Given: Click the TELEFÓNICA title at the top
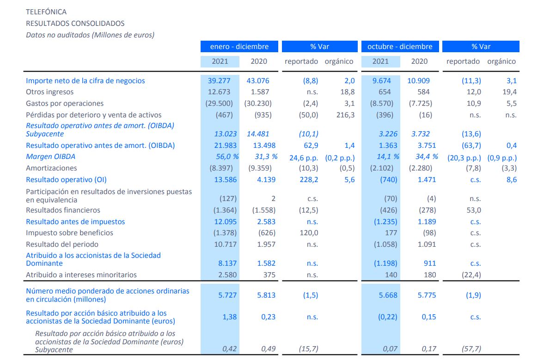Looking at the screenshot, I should click(46, 12).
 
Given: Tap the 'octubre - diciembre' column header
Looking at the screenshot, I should click(400, 47).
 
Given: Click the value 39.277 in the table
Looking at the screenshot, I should click(220, 81).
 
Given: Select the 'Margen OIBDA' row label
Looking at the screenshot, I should click(50, 157).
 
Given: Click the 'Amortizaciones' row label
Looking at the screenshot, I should click(51, 168).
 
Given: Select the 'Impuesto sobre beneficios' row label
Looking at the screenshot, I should click(69, 233).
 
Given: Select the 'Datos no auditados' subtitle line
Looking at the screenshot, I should click(90, 35).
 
